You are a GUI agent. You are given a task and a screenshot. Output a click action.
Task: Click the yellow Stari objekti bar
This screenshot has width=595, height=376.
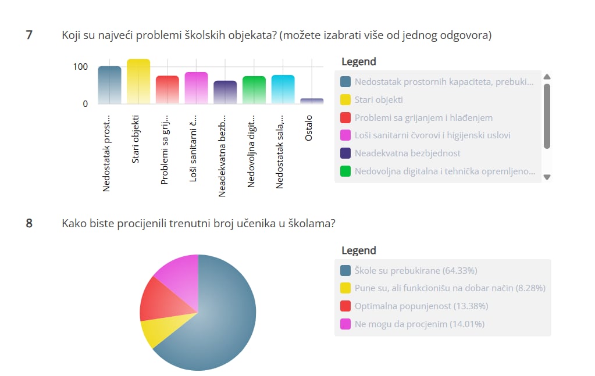click(x=138, y=82)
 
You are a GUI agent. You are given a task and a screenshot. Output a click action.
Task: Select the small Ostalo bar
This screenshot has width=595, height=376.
click(x=312, y=101)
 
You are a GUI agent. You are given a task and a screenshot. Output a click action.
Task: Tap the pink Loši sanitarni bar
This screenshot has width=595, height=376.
click(x=196, y=88)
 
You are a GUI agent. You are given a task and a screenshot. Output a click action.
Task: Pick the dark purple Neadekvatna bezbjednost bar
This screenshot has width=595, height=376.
click(x=225, y=92)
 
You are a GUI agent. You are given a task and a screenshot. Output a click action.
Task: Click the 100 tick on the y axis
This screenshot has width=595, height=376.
click(x=80, y=67)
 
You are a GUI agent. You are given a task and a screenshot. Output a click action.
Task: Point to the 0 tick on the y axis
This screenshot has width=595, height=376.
click(x=85, y=104)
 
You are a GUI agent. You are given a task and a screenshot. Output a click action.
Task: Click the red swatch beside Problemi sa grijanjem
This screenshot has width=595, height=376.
click(x=345, y=117)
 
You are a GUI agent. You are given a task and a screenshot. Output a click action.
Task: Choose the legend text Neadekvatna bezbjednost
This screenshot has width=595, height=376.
click(x=407, y=153)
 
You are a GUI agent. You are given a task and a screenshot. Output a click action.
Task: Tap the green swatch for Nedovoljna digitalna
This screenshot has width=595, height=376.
click(x=345, y=171)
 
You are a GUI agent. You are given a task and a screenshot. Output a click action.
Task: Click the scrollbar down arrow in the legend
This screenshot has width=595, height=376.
click(x=547, y=177)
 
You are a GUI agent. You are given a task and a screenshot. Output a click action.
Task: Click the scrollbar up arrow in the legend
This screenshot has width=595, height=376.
click(x=547, y=77)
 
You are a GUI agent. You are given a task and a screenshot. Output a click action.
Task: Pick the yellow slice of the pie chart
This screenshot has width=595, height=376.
click(x=152, y=331)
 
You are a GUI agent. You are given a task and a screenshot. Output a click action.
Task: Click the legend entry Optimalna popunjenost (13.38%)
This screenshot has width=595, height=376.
click(x=421, y=306)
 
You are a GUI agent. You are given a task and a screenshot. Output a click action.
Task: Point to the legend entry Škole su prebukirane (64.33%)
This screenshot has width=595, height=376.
click(x=416, y=270)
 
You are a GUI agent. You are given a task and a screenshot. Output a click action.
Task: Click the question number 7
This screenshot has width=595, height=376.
click(x=29, y=35)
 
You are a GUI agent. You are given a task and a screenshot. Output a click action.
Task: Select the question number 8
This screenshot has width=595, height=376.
click(x=29, y=223)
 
